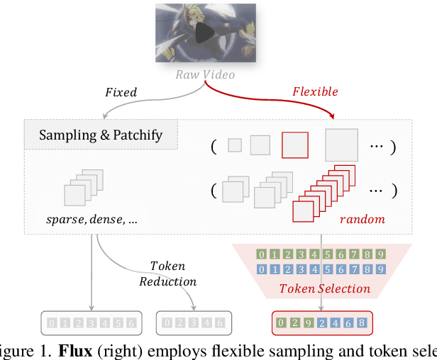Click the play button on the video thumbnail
tap(204, 33)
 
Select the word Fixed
tap(121, 91)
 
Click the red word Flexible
tap(315, 91)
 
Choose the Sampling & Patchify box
tap(100, 135)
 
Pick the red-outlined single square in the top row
tap(295, 145)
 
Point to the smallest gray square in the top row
tap(234, 145)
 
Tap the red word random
tap(362, 219)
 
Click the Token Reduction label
tap(167, 274)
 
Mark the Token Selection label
tap(324, 288)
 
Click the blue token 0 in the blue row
tap(262, 269)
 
